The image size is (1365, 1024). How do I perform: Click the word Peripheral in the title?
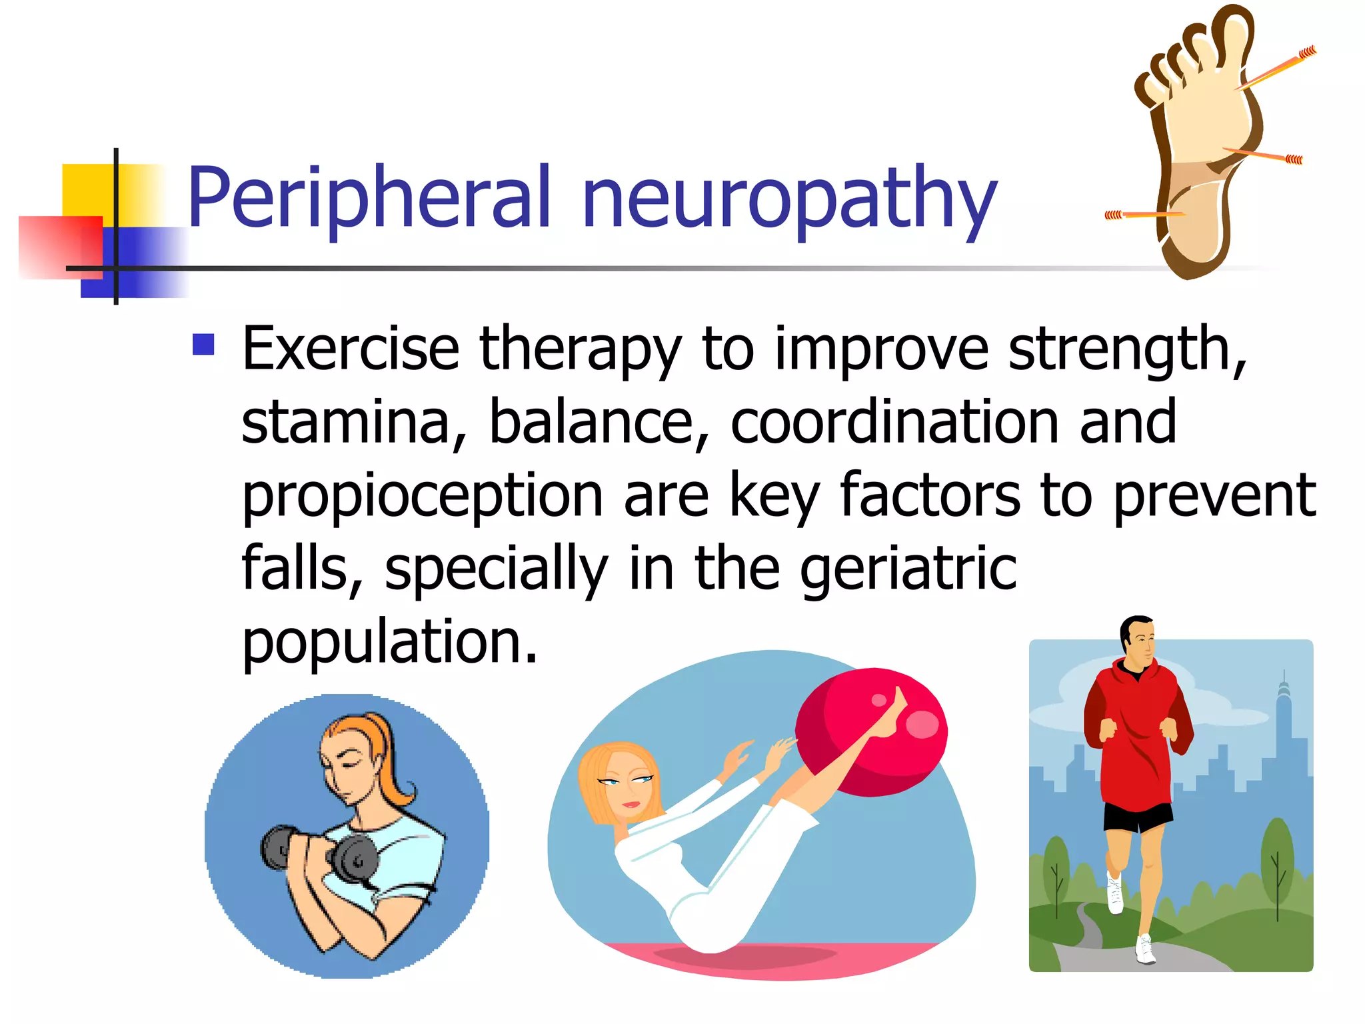[369, 197]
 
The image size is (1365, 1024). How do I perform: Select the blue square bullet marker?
[203, 344]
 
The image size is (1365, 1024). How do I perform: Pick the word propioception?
[422, 495]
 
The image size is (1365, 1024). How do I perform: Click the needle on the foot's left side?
[1143, 214]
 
